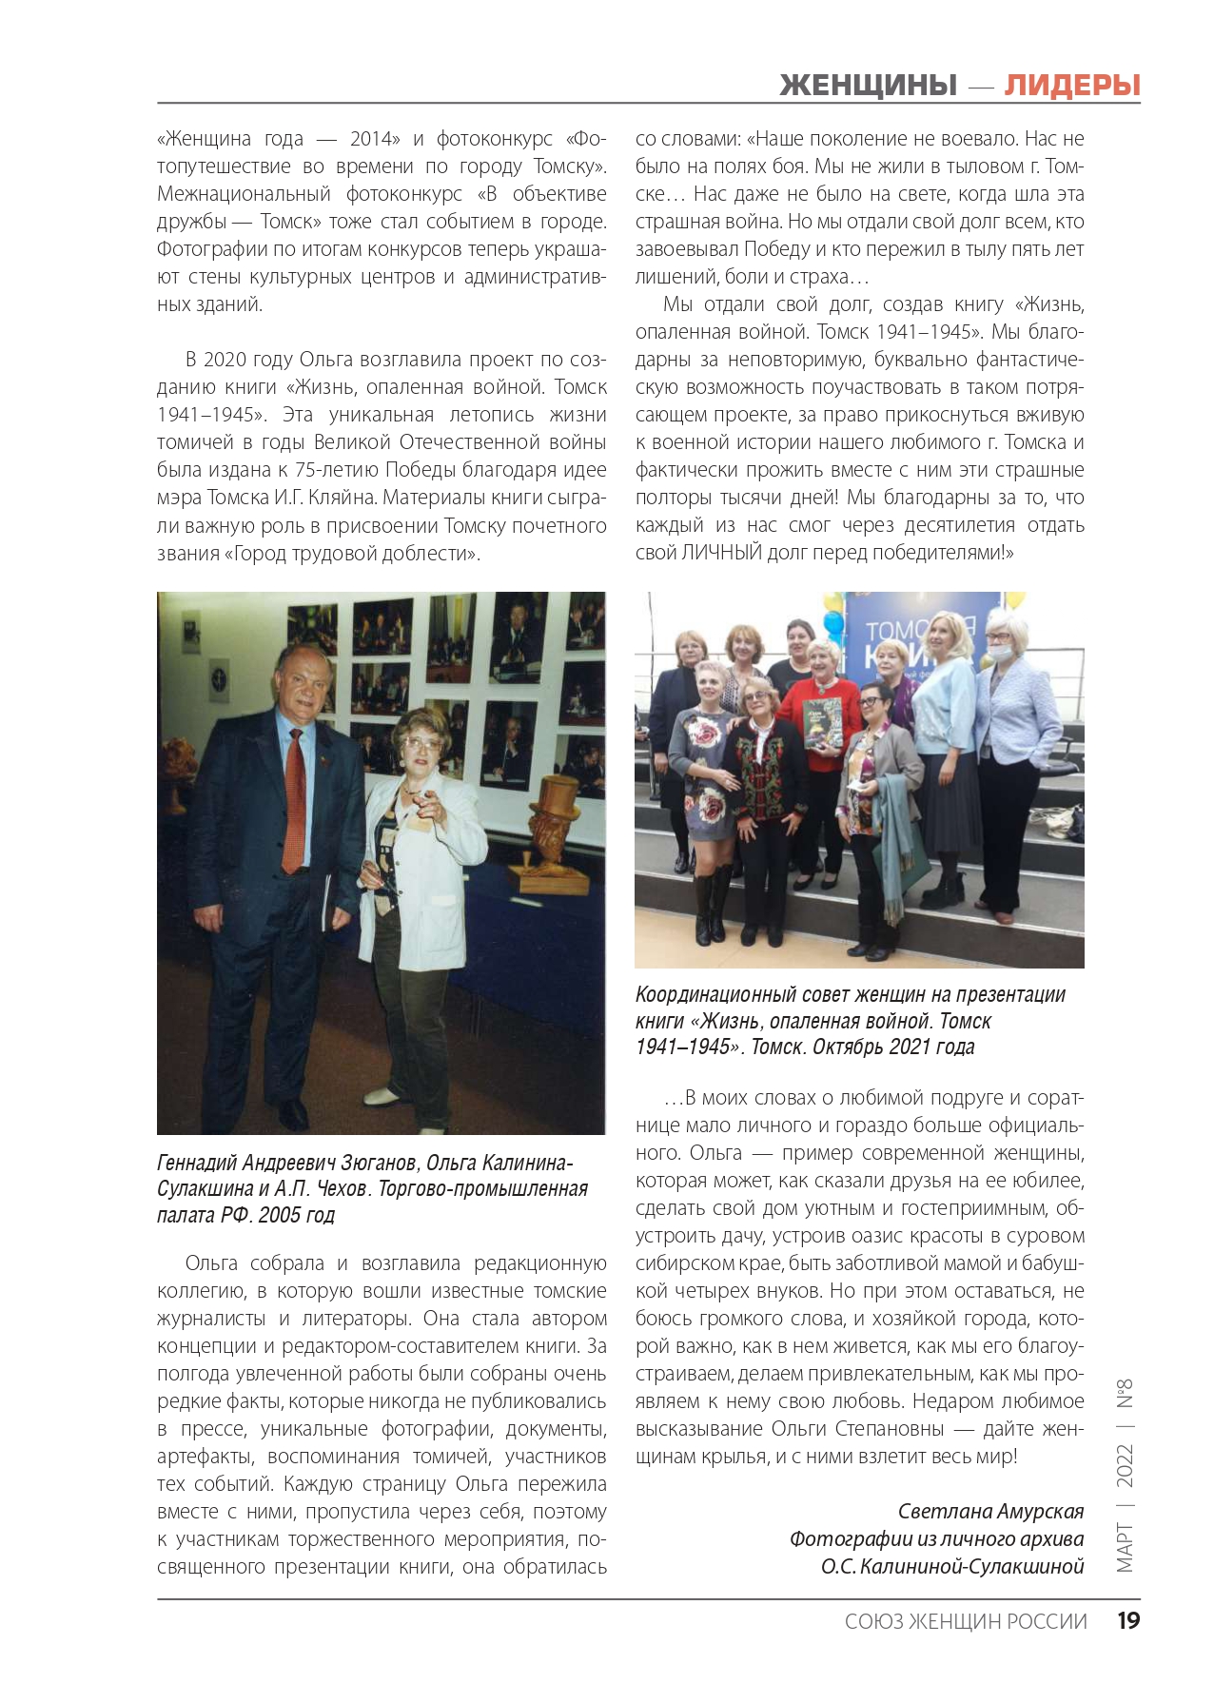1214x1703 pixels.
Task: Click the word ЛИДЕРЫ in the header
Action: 1072,86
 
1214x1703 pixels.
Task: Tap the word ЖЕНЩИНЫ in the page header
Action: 868,86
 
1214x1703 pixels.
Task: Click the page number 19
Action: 1128,1621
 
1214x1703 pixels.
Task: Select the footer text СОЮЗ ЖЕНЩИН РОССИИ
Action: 965,1622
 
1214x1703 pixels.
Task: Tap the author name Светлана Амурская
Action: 990,1512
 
